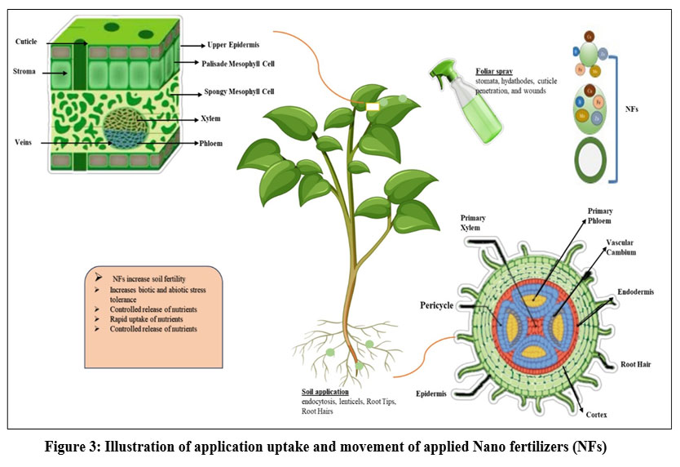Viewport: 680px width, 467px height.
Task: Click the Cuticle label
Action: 27,42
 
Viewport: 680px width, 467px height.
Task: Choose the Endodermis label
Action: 637,291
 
